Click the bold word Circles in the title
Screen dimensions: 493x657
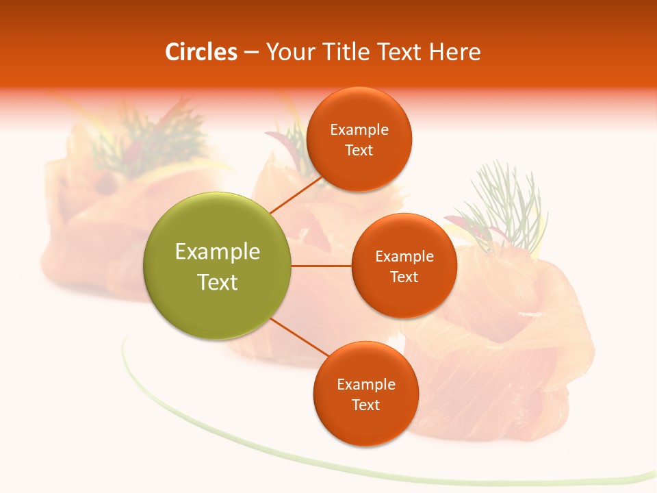click(201, 52)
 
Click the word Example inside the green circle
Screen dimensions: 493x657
click(218, 252)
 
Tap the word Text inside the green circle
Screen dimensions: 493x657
click(218, 282)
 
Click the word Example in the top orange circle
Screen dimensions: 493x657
click(359, 130)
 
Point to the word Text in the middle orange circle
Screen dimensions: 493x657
click(404, 277)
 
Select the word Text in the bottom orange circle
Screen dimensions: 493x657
click(365, 405)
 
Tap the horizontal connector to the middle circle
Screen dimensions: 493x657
click(322, 266)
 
